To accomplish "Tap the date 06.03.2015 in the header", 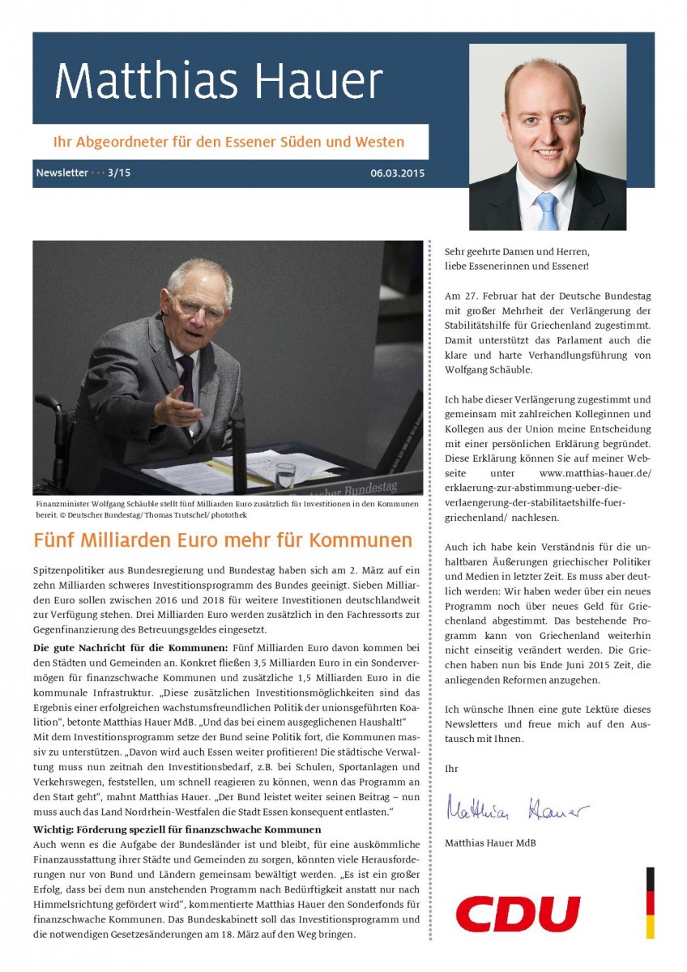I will (x=397, y=173).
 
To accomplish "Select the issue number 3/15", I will (x=119, y=173).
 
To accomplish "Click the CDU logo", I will (x=518, y=914).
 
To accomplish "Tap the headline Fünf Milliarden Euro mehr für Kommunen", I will (x=223, y=539).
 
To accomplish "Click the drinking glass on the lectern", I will (x=284, y=475).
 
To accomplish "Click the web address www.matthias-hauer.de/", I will (x=595, y=473).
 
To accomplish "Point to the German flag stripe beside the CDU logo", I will (x=650, y=902).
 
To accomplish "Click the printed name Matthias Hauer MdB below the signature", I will (x=490, y=843).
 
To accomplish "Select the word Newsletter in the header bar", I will (x=62, y=173).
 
